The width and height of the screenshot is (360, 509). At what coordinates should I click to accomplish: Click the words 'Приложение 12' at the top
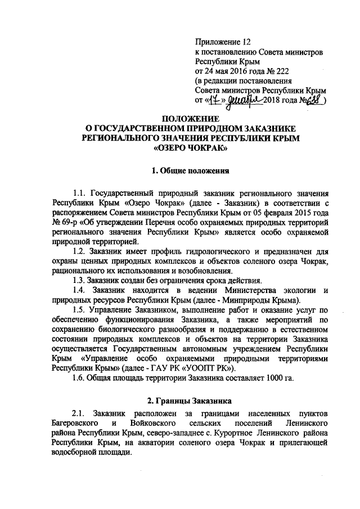[222, 42]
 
